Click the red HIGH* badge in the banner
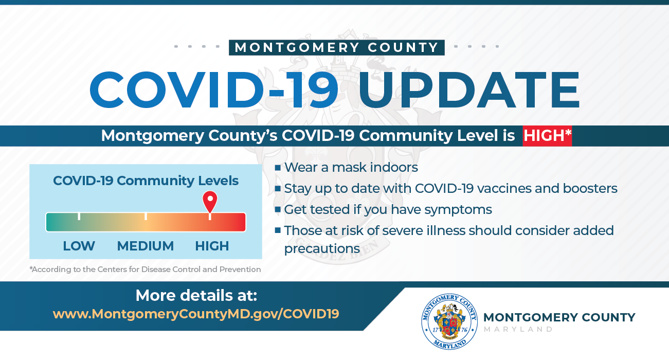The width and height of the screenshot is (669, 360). point(547,136)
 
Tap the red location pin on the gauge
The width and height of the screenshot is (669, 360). point(210,201)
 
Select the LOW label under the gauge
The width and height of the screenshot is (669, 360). point(79,246)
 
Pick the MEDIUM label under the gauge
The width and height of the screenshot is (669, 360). point(146,246)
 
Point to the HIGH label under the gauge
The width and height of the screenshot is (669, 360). point(212,246)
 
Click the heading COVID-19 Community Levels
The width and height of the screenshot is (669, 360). point(146,181)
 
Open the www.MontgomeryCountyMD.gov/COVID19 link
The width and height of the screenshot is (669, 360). point(196,314)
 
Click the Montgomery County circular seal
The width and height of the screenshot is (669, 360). point(449,321)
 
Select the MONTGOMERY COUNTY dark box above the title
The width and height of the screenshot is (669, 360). point(336,48)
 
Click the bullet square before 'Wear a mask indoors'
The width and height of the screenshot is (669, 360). point(278,168)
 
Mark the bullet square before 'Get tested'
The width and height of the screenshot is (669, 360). point(278,210)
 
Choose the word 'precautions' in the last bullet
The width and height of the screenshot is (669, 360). point(322,249)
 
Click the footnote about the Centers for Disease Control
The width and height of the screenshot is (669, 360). point(145,269)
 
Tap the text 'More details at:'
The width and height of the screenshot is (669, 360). point(196,296)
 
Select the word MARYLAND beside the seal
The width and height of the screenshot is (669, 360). point(518,330)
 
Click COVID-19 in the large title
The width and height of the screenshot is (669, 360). point(214,89)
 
